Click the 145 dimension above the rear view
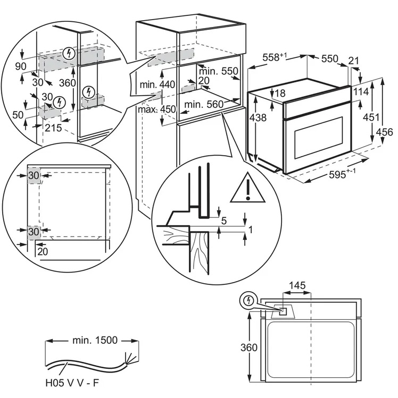(297, 286)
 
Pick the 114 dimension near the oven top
(360, 91)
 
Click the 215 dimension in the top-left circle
(53, 128)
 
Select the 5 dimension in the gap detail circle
(224, 220)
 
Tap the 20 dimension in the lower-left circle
(43, 251)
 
